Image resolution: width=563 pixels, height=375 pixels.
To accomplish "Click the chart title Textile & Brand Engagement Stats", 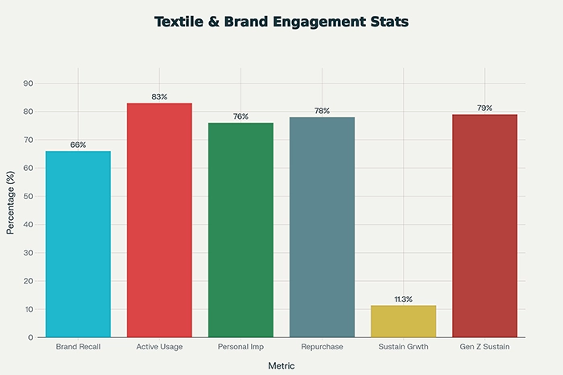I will (281, 22).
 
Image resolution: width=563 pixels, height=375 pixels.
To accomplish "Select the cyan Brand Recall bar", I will (78, 244).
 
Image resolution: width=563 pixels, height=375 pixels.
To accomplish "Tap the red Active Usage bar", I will (159, 220).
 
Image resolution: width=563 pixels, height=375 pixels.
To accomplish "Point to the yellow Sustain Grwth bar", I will (403, 321).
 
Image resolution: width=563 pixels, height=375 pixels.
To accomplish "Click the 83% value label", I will (159, 97).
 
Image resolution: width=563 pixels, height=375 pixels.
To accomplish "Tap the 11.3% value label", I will (403, 300).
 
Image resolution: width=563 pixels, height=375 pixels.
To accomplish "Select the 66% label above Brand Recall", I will (78, 145).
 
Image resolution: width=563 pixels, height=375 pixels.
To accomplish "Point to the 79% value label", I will (484, 108).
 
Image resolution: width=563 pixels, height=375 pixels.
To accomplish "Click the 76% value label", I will (240, 117).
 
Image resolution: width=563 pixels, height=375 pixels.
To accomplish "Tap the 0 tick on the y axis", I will (31, 337).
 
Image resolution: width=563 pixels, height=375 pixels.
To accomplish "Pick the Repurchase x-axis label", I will (322, 347).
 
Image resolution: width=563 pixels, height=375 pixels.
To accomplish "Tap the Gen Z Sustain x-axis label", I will (484, 347).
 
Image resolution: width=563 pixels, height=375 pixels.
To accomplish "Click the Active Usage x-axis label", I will (159, 347).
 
